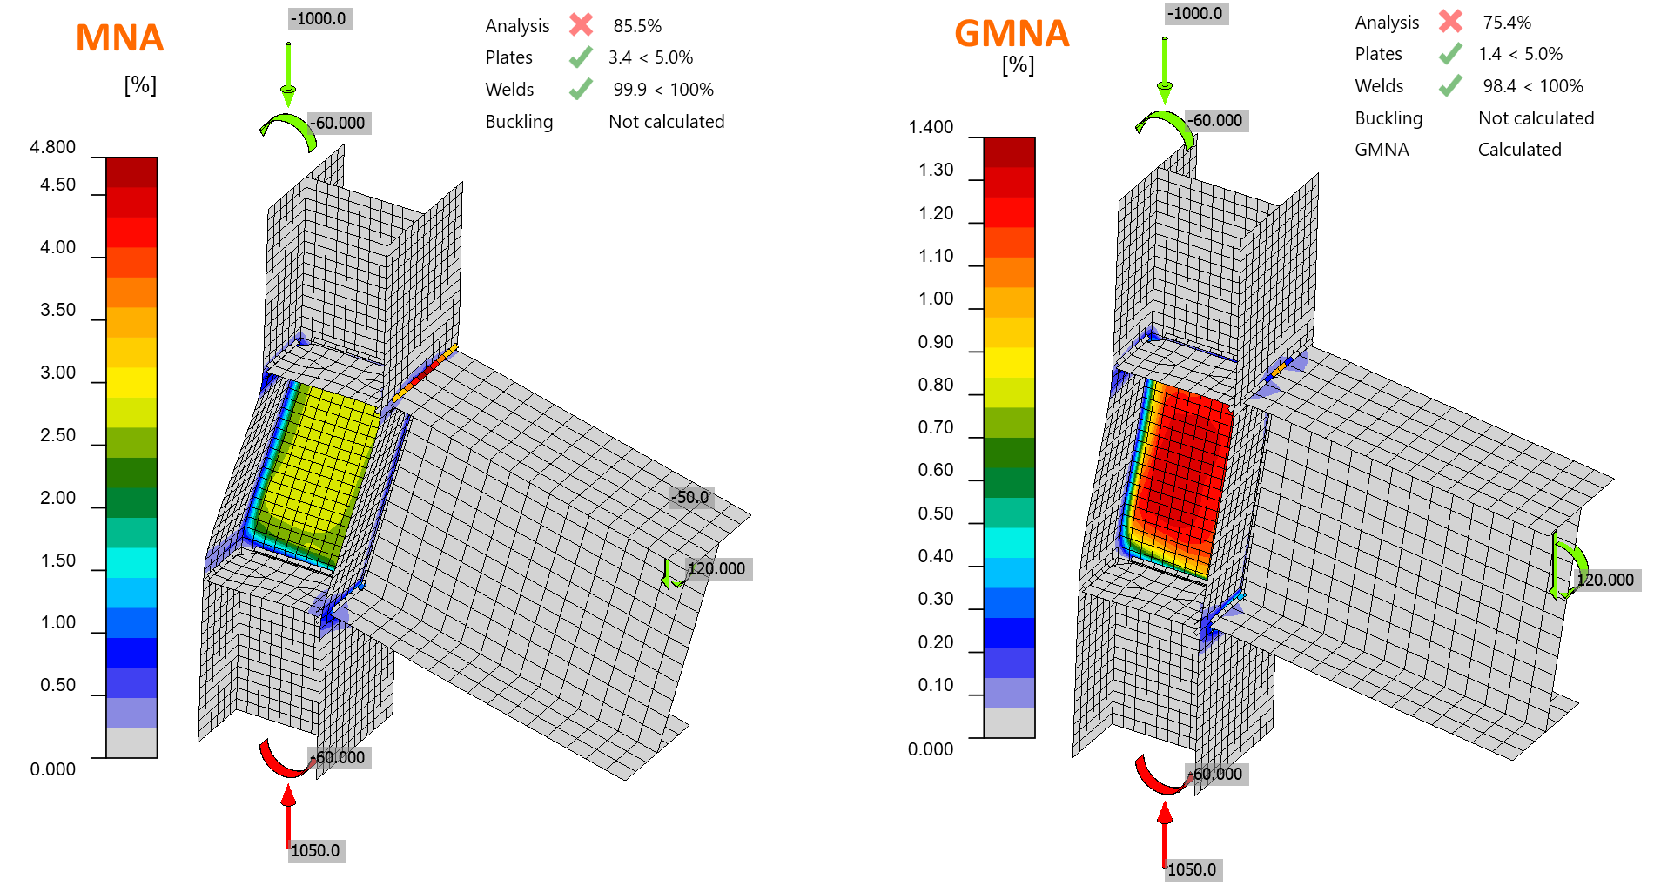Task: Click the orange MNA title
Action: [119, 38]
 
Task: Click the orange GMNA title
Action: [1012, 34]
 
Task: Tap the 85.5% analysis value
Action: [637, 26]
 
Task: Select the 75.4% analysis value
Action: [1507, 23]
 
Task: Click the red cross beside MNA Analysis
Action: [582, 25]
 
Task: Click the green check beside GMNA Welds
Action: [1450, 85]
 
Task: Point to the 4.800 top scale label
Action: [53, 147]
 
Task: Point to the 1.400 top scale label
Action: [931, 127]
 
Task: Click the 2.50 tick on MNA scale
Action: [58, 435]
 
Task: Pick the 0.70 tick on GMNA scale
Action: [936, 427]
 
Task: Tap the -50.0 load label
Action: [692, 497]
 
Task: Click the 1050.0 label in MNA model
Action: [316, 850]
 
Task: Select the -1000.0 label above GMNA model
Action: [1196, 13]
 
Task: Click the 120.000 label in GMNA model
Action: [1605, 580]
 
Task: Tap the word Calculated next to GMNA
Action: [1519, 150]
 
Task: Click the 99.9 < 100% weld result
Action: [662, 90]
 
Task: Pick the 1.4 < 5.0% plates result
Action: [1520, 54]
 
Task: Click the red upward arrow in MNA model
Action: [288, 815]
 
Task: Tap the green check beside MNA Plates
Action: [581, 57]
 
